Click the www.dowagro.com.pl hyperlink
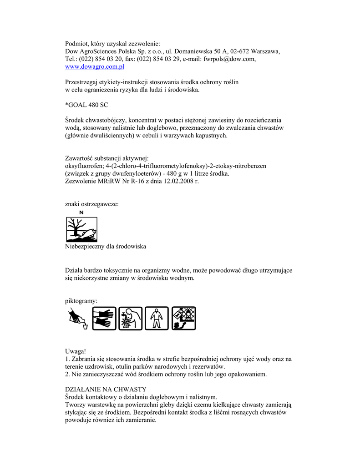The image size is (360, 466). point(95,66)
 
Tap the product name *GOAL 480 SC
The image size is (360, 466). point(87,105)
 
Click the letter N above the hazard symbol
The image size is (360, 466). point(81,212)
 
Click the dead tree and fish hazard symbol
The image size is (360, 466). point(81,229)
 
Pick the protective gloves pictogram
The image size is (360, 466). point(105,318)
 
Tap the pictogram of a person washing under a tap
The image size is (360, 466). point(131,318)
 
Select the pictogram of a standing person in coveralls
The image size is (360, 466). point(157,318)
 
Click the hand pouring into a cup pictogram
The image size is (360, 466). point(78,318)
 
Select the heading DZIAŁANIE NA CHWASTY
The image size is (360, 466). point(106,389)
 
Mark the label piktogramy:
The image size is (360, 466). point(81,300)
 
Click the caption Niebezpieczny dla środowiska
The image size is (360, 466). point(106,246)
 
